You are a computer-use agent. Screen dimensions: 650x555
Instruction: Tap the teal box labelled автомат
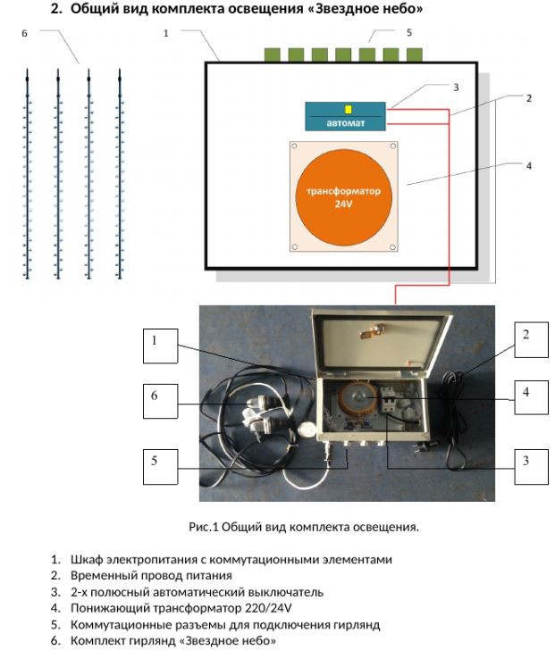pyautogui.click(x=346, y=117)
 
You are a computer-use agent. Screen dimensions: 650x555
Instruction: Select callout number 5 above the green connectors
pyautogui.click(x=408, y=33)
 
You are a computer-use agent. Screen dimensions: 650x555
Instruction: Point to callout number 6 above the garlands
pyautogui.click(x=24, y=33)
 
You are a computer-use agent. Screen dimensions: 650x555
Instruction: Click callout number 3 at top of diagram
pyautogui.click(x=456, y=87)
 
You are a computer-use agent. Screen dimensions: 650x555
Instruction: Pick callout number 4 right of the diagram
pyautogui.click(x=528, y=165)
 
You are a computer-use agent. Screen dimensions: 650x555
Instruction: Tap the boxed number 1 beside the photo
pyautogui.click(x=155, y=340)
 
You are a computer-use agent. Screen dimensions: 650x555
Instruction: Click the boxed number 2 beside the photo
pyautogui.click(x=526, y=335)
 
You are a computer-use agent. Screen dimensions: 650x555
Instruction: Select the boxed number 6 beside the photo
pyautogui.click(x=155, y=396)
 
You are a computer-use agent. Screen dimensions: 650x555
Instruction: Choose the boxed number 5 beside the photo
pyautogui.click(x=155, y=462)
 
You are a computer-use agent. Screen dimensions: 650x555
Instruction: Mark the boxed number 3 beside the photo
pyautogui.click(x=526, y=461)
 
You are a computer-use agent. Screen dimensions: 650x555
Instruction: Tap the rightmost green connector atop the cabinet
pyautogui.click(x=414, y=54)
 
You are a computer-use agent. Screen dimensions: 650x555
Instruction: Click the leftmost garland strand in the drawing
pyautogui.click(x=28, y=175)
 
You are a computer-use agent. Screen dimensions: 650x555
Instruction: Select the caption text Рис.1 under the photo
pyautogui.click(x=204, y=527)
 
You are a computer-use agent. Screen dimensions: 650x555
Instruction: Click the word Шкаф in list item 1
pyautogui.click(x=85, y=560)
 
